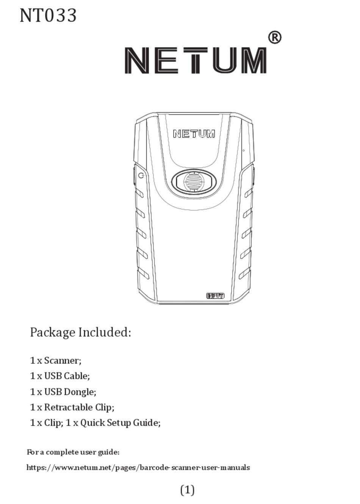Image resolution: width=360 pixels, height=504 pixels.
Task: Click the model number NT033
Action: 48,16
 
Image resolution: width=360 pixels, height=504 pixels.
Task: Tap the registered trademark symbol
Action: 275,38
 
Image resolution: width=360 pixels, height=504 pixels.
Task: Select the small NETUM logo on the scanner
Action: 194,134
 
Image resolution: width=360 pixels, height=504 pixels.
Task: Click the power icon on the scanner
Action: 141,175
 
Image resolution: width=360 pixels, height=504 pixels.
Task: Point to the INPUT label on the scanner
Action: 215,296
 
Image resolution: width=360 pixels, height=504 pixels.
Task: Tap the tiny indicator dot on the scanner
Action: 243,150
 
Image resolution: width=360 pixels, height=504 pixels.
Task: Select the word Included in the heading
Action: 105,332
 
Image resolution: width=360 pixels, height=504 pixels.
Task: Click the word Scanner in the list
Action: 63,360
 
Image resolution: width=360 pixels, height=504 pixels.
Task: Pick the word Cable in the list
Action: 77,376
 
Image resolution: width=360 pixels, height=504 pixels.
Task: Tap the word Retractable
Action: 68,407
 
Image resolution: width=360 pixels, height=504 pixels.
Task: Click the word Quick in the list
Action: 92,423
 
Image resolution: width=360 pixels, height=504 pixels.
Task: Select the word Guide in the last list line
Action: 147,423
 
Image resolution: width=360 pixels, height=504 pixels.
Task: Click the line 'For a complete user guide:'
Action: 73,452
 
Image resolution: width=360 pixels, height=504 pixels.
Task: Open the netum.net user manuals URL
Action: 138,468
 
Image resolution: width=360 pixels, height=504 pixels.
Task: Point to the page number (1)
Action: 187,490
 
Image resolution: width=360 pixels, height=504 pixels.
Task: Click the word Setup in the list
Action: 119,423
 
